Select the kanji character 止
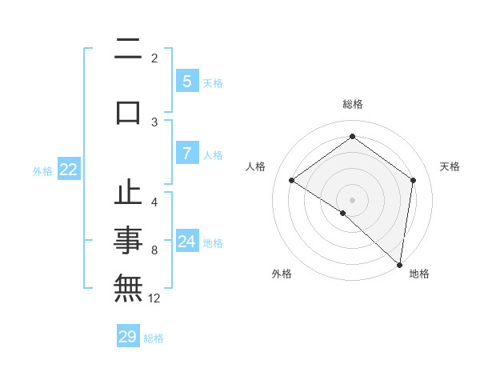pos(129,194)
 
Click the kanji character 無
pos(129,286)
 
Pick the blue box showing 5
pos(186,82)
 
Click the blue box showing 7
pos(186,154)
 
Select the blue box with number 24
pos(186,242)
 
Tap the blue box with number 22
pos(68,170)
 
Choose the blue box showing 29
pos(128,337)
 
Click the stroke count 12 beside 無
pos(154,298)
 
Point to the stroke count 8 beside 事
pos(154,250)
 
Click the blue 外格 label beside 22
pos(42,170)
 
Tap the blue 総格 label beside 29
pos(154,338)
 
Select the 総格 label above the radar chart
pos(352,104)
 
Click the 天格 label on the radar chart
pos(450,166)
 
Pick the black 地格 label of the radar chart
pos(419,274)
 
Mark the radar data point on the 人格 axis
pos(292,180)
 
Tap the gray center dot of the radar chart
pos(352,199)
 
